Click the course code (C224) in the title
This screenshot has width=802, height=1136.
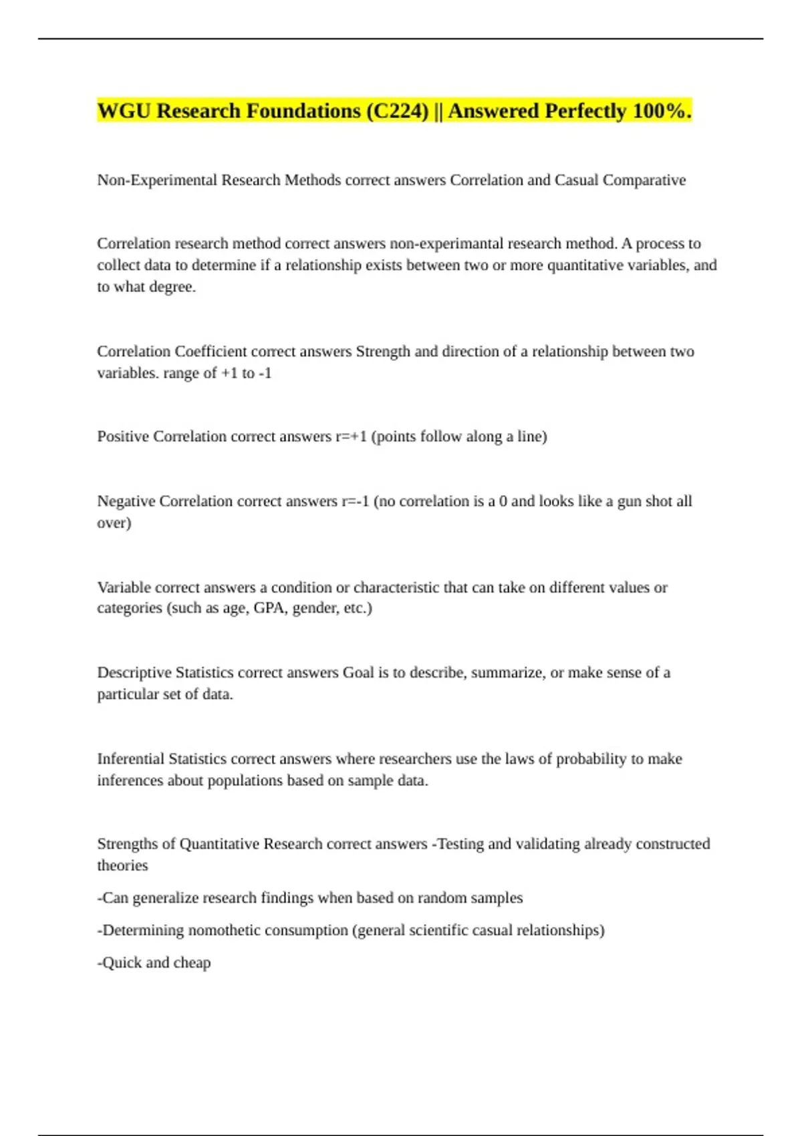397,111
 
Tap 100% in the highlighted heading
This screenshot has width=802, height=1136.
659,111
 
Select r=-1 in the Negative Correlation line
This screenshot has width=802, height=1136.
355,501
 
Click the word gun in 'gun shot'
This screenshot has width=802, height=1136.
629,501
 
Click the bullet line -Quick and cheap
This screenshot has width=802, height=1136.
154,963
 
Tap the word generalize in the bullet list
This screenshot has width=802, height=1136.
165,898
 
